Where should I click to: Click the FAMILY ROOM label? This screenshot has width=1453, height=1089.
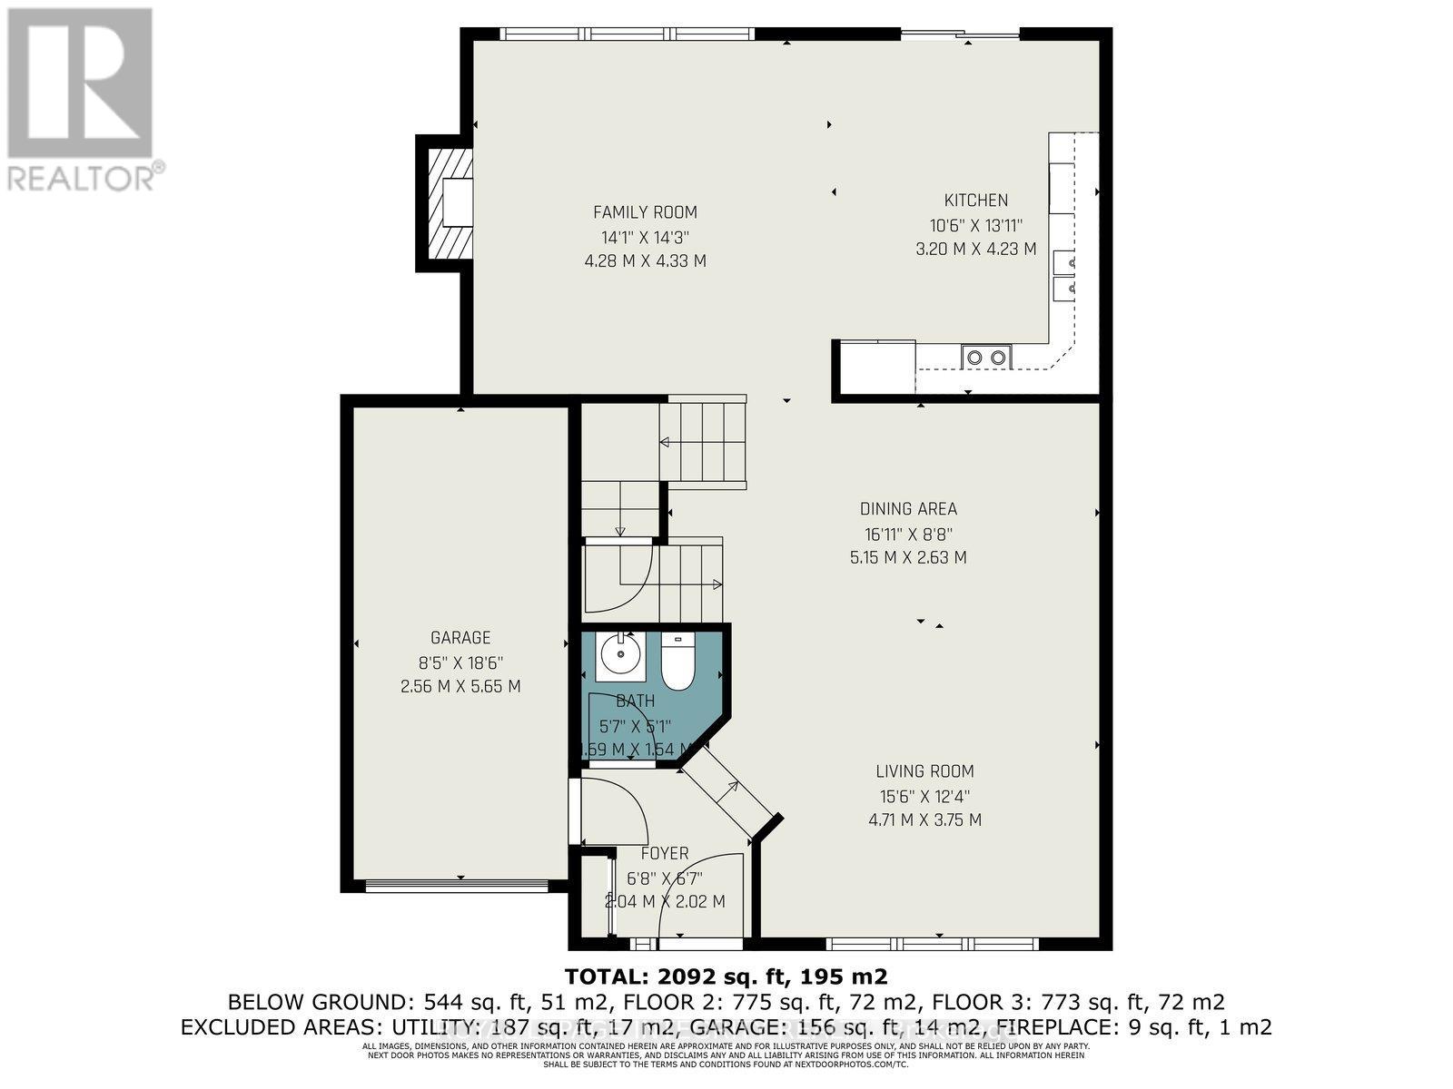pyautogui.click(x=645, y=212)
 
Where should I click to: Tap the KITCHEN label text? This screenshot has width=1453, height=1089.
pyautogui.click(x=975, y=201)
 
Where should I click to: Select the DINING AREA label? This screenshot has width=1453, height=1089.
pyautogui.click(x=908, y=509)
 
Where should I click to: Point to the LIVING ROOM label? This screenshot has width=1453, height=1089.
pyautogui.click(x=924, y=771)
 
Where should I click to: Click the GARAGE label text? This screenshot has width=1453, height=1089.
pyautogui.click(x=460, y=638)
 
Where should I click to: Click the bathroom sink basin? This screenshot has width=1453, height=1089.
pyautogui.click(x=622, y=655)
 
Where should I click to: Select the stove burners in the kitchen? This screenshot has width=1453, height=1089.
pyautogui.click(x=986, y=357)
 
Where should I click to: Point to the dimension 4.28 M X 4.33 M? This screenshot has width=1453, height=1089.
pyautogui.click(x=645, y=261)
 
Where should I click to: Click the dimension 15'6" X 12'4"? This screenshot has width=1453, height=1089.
pyautogui.click(x=924, y=796)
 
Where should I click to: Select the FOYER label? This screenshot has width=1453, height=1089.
pyautogui.click(x=665, y=854)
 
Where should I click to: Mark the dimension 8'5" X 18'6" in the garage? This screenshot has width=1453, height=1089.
pyautogui.click(x=460, y=662)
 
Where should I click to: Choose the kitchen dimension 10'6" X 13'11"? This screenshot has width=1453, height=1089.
pyautogui.click(x=975, y=225)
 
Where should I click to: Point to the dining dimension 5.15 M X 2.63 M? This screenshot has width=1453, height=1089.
pyautogui.click(x=908, y=557)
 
